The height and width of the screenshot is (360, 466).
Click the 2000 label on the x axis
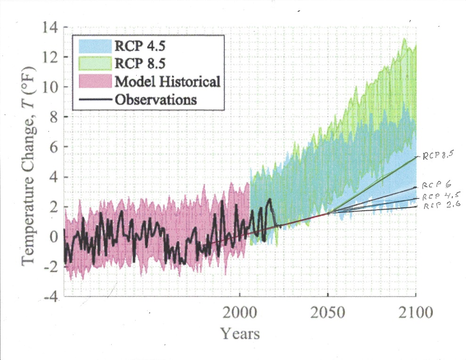pos(240,312)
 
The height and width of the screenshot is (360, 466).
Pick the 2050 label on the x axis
pos(328,312)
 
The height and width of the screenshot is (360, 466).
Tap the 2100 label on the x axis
pos(415,312)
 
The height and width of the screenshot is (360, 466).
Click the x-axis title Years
pos(240,334)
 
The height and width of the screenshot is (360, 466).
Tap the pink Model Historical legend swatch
pos(92,82)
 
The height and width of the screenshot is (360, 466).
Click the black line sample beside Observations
pos(92,99)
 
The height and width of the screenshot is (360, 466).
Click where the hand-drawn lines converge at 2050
pos(328,213)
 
